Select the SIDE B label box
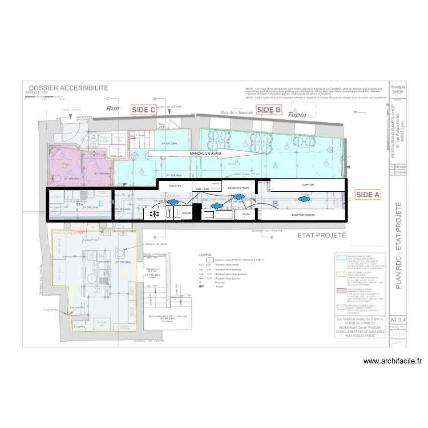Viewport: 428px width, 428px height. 269,110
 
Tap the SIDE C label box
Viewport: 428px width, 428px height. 143,110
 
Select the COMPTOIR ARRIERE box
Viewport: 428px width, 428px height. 302,215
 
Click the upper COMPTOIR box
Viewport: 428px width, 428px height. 308,185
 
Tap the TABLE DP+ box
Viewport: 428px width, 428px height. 175,186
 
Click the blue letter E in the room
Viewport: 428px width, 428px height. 100,203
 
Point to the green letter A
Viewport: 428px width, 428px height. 275,165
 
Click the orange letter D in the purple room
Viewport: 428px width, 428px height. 64,165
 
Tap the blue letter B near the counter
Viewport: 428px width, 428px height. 274,203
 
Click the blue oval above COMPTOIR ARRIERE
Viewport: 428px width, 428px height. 303,200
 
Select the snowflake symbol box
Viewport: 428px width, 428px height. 153,214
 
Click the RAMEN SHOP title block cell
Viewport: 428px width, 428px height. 397,88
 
